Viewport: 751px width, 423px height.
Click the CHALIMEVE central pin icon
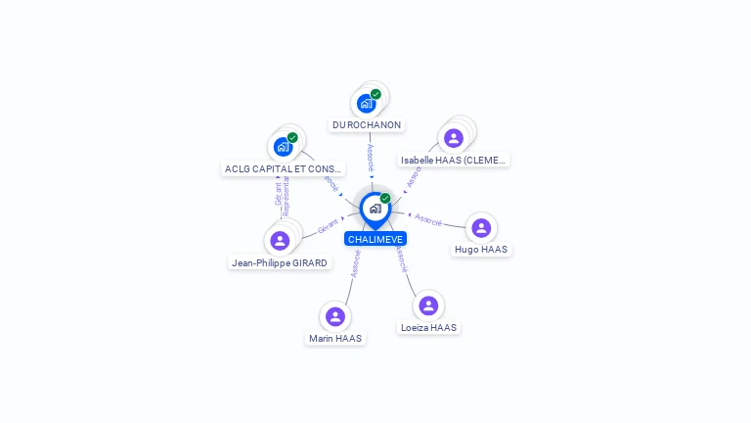click(x=375, y=209)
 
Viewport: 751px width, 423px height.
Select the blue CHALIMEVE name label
click(x=375, y=239)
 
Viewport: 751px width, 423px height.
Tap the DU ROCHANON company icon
click(x=367, y=103)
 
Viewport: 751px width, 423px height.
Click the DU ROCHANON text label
click(x=367, y=125)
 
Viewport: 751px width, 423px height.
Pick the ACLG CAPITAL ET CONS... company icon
click(x=284, y=147)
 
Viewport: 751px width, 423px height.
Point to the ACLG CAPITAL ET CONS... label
click(x=284, y=168)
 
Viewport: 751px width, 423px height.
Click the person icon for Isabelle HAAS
click(x=453, y=138)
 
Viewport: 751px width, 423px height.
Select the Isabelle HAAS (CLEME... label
click(x=455, y=160)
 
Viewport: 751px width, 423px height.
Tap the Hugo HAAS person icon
click(x=481, y=228)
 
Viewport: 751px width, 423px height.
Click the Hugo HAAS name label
click(x=481, y=250)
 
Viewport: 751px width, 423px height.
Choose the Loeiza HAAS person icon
click(x=428, y=305)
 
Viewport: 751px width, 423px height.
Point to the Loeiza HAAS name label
click(x=428, y=328)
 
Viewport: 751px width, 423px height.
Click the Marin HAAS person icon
click(x=335, y=316)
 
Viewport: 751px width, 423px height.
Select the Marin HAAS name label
click(x=335, y=339)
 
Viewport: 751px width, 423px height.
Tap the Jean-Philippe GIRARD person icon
click(x=280, y=241)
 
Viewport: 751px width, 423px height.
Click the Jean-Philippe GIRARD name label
click(x=280, y=262)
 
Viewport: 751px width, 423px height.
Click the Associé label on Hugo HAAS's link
click(x=428, y=219)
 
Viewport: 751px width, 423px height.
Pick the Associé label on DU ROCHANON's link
click(x=370, y=158)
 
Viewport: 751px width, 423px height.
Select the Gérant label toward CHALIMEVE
click(x=328, y=226)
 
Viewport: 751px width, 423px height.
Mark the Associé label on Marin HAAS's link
click(x=356, y=263)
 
